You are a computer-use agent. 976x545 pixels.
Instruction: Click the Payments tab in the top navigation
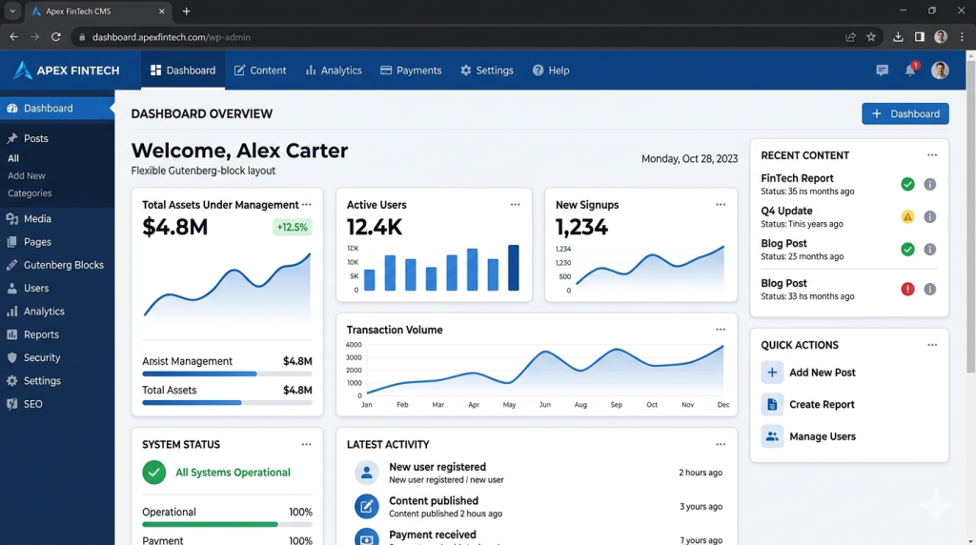click(411, 71)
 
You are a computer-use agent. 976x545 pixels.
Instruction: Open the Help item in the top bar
click(551, 71)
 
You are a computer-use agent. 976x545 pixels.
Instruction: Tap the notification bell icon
click(910, 71)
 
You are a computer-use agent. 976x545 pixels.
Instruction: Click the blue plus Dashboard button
click(905, 113)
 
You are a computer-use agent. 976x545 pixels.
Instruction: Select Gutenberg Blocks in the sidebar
click(64, 265)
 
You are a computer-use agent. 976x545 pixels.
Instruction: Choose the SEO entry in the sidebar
click(33, 404)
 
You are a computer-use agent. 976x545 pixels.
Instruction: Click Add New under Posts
click(26, 175)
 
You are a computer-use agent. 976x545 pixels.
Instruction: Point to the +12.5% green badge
click(292, 227)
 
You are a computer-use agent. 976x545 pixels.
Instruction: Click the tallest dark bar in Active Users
click(514, 268)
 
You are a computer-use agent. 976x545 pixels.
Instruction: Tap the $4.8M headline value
click(175, 227)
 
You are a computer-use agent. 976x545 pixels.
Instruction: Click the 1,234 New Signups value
click(581, 227)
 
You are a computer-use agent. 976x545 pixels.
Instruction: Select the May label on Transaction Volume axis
click(509, 404)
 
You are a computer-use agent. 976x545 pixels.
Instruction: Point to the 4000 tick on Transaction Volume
click(354, 345)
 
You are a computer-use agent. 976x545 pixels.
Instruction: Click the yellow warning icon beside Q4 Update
click(907, 216)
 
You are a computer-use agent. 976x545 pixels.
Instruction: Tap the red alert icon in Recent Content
click(907, 289)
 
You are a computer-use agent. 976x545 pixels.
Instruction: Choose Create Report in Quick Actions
click(822, 404)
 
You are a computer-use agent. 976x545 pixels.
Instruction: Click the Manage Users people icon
click(772, 436)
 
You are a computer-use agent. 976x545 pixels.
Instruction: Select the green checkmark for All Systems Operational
click(153, 473)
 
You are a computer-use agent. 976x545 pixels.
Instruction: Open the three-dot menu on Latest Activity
click(721, 444)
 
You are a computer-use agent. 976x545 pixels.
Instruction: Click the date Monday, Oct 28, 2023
click(690, 159)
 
